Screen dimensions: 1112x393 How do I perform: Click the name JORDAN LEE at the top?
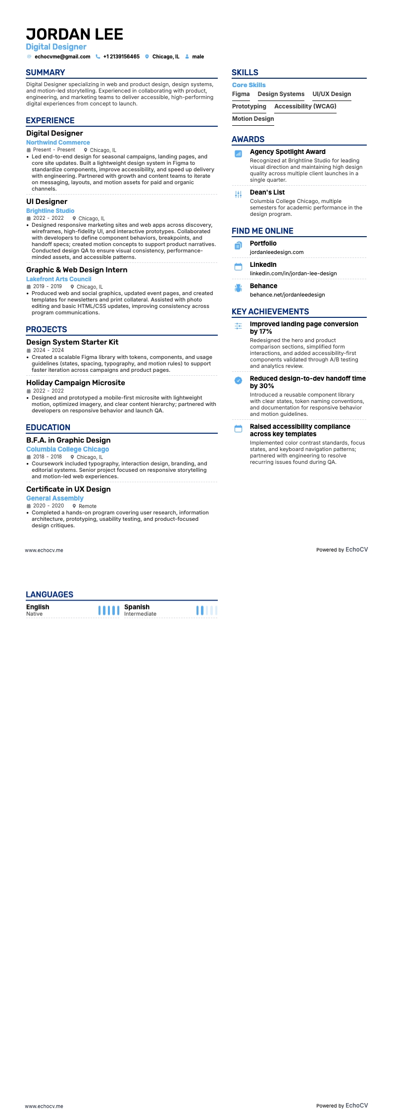(74, 34)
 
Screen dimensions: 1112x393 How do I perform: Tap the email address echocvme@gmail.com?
(62, 57)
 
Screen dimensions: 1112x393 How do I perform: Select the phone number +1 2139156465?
(121, 57)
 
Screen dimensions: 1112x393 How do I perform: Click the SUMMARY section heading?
(46, 72)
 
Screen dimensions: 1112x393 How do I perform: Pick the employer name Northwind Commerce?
(58, 143)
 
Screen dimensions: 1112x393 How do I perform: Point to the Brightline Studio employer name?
(50, 211)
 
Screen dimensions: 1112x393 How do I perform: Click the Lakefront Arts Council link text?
(58, 279)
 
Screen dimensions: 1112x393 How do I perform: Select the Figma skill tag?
(241, 94)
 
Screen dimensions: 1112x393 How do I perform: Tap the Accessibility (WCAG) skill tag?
(305, 106)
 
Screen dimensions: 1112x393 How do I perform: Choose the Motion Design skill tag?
(253, 119)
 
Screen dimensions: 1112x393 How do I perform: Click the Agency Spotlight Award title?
(288, 152)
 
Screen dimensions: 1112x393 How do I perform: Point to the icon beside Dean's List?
(238, 195)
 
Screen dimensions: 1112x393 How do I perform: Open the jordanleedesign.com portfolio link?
(277, 253)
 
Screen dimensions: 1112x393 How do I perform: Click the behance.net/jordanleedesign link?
(287, 295)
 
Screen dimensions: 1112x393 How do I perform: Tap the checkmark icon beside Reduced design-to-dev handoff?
(238, 381)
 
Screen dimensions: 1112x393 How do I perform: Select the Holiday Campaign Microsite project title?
(75, 383)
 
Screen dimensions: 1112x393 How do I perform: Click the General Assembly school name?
(54, 499)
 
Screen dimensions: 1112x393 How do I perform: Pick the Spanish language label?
(137, 607)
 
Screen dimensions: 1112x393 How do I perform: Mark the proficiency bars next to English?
(109, 610)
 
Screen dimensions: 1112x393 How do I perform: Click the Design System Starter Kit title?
(72, 342)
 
